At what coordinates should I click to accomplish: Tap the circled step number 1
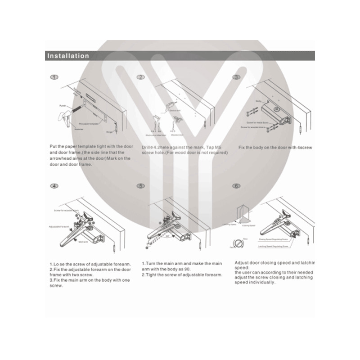(x=54, y=77)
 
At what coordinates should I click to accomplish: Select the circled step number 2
(x=141, y=77)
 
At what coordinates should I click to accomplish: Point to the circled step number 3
(x=237, y=77)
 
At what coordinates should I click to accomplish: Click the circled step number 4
(x=54, y=186)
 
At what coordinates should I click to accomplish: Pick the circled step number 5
(x=141, y=186)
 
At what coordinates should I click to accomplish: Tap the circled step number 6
(x=237, y=186)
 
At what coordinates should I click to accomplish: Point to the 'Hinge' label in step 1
(x=108, y=132)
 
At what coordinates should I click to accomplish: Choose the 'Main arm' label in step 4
(x=82, y=242)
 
